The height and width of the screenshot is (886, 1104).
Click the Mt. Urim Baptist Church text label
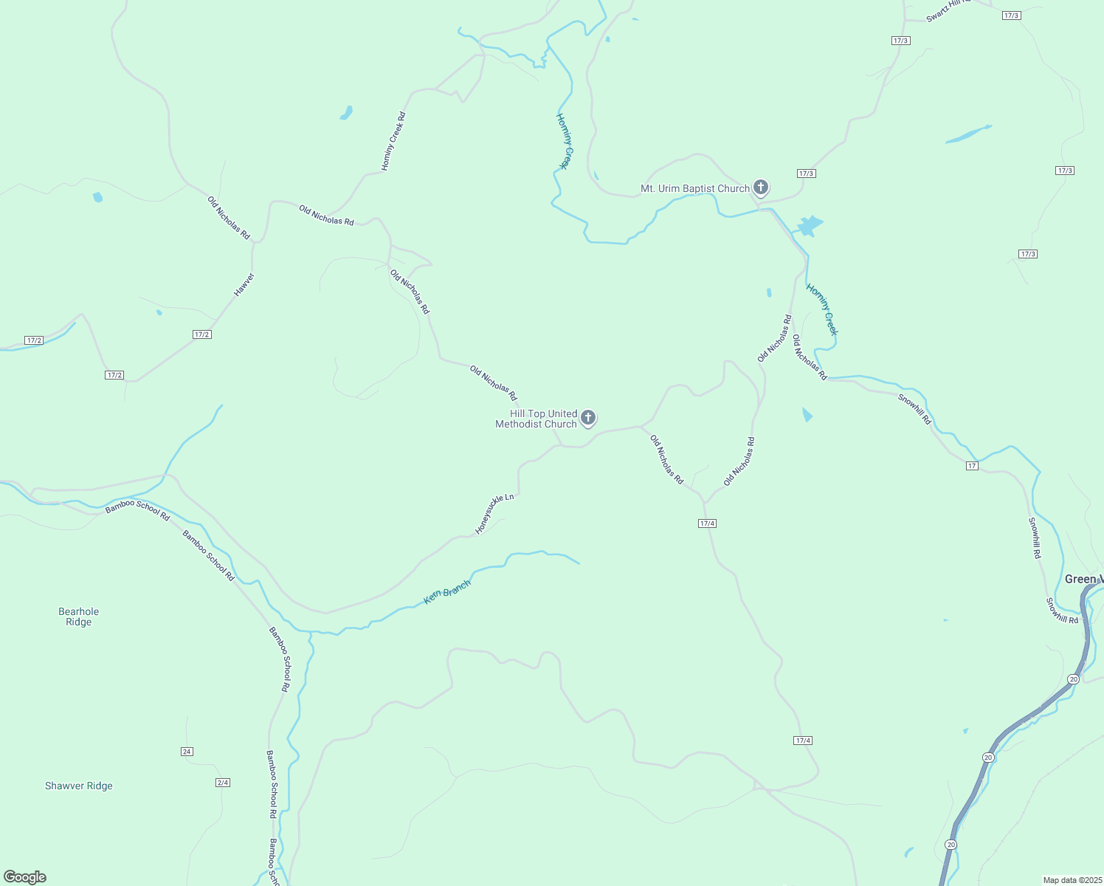point(694,189)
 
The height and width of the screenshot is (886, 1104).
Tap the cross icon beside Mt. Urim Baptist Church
point(761,188)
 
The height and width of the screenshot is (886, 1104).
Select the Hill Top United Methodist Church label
point(537,419)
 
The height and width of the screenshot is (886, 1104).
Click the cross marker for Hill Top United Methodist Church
point(588,419)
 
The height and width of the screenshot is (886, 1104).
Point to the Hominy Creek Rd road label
point(393,141)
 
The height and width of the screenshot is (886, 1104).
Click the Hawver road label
point(244,285)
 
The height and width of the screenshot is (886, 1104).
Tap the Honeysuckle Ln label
point(494,514)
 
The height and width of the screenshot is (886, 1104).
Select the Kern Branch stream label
point(447,593)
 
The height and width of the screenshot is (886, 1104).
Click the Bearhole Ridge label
point(78,617)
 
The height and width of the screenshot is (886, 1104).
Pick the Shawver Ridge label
point(79,786)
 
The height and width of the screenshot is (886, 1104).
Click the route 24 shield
point(187,752)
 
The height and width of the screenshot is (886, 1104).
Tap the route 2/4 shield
point(223,783)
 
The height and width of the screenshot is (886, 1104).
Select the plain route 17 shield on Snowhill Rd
point(973,466)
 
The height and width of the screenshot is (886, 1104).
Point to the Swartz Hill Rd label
point(948,10)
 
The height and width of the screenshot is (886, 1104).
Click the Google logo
point(25,877)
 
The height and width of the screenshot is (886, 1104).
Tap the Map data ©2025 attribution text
point(1072,880)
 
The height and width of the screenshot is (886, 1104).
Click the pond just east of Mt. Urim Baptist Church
point(810,225)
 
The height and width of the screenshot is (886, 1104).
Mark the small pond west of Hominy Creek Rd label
point(346,113)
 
